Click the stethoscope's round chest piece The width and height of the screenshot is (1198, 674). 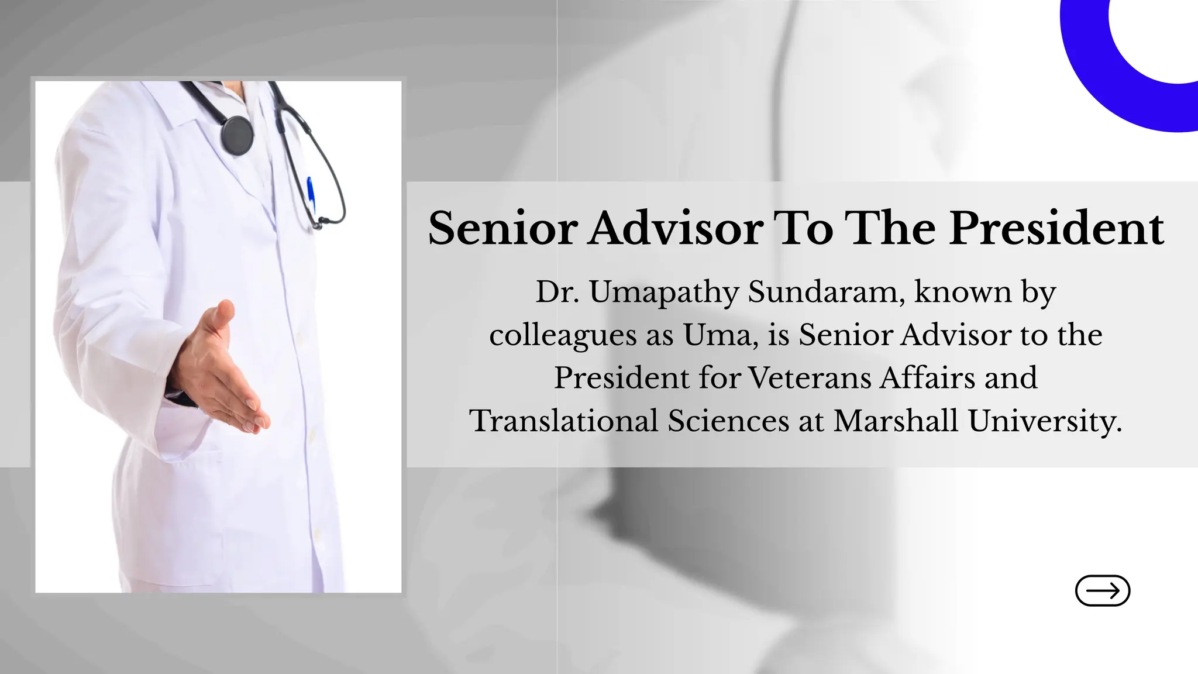click(237, 135)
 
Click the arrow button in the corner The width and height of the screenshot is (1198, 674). click(1102, 590)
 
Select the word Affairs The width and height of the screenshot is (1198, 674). click(928, 377)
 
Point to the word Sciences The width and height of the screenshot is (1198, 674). click(728, 421)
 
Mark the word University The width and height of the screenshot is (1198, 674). click(1044, 422)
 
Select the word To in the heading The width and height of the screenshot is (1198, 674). click(803, 228)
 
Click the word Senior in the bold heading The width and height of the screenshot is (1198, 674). click(503, 228)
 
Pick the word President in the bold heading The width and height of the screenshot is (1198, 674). click(1056, 228)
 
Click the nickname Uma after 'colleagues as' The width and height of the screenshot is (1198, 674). click(719, 335)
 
